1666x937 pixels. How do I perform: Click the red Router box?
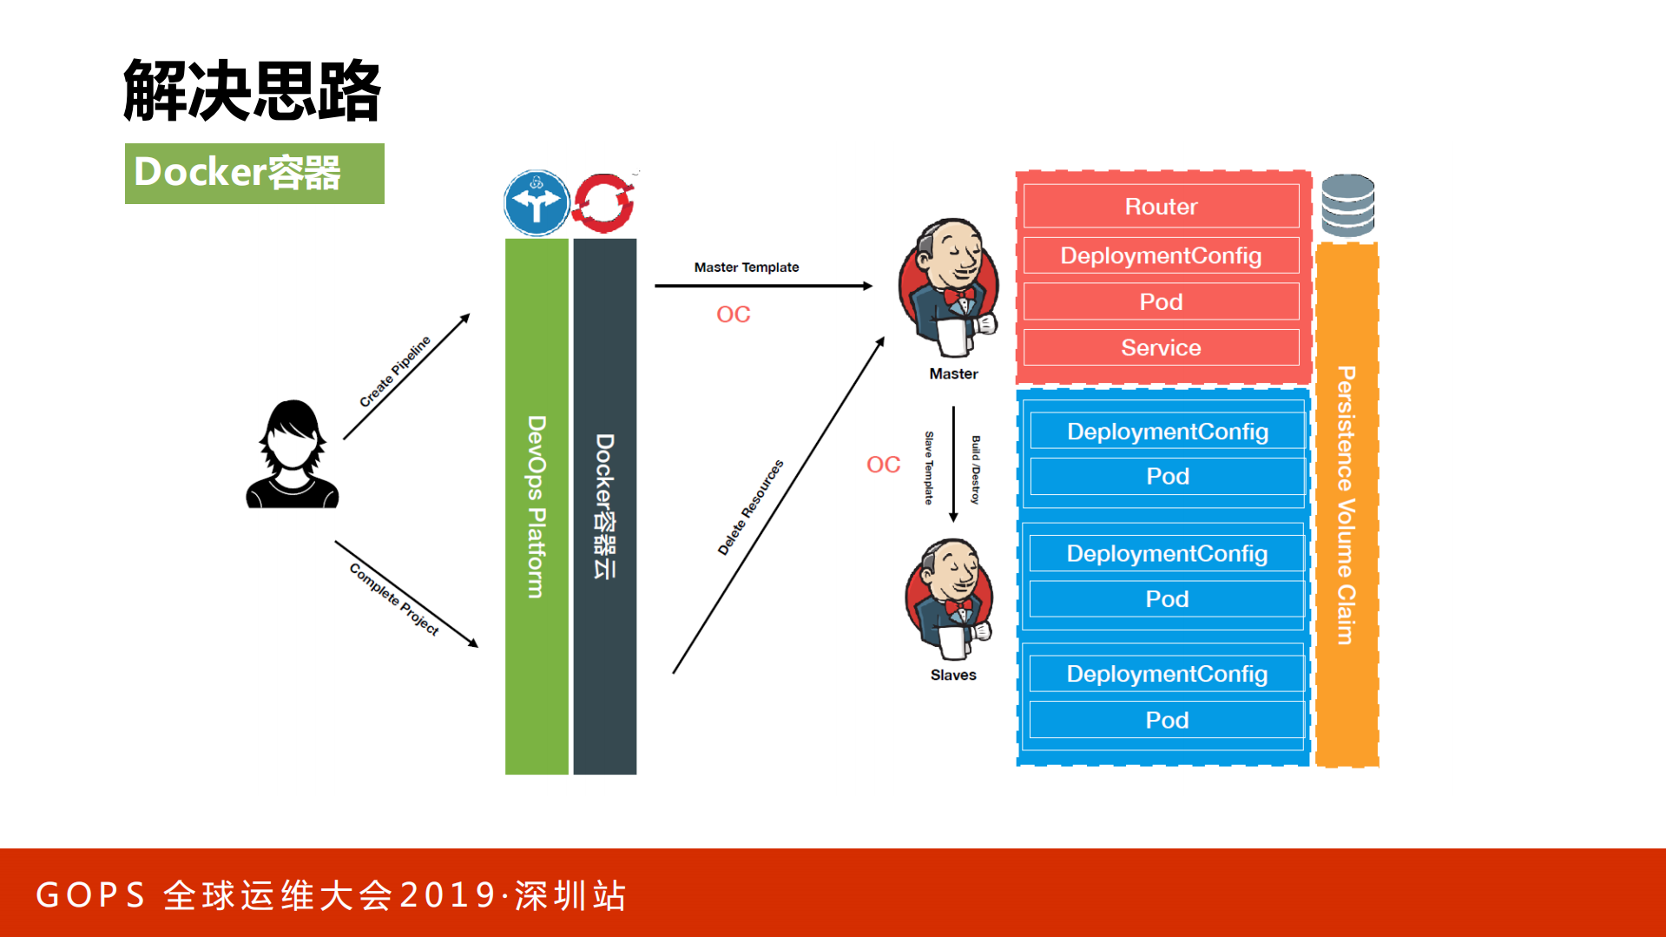[x=1161, y=207]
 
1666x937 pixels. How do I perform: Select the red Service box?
[x=1161, y=348]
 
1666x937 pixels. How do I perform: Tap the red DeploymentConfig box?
[x=1161, y=256]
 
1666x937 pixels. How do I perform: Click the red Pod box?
[x=1161, y=302]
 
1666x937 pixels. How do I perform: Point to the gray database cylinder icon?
[x=1347, y=206]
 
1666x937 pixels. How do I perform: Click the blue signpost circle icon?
[x=537, y=203]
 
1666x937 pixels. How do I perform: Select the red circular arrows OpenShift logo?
[x=604, y=203]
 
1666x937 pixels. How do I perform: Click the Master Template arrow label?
[x=746, y=267]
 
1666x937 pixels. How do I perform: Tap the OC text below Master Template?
[x=733, y=314]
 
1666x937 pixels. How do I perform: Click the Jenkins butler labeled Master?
[x=950, y=287]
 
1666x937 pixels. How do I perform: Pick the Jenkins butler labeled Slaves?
[x=950, y=599]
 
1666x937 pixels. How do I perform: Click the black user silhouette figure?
[x=293, y=455]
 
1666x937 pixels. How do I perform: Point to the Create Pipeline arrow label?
[x=395, y=372]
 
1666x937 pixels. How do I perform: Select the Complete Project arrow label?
[x=394, y=599]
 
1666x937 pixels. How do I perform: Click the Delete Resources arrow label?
[x=750, y=507]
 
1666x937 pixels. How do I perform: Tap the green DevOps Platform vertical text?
[x=537, y=506]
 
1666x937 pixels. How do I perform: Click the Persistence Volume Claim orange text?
[x=1346, y=505]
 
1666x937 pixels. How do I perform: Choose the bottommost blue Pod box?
[x=1166, y=721]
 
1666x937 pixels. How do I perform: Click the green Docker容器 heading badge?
[x=254, y=174]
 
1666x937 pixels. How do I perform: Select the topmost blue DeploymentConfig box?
[x=1167, y=432]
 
